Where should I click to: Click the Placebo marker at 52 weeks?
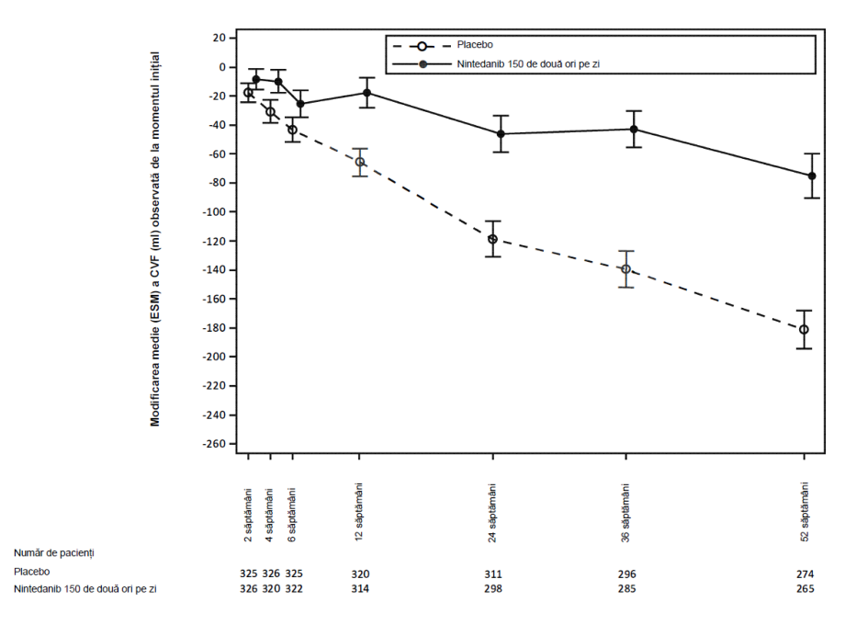pyautogui.click(x=804, y=330)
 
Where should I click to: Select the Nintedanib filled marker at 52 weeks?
pyautogui.click(x=812, y=176)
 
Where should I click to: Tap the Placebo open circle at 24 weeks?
pyautogui.click(x=492, y=239)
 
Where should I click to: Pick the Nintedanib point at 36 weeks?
pyautogui.click(x=634, y=130)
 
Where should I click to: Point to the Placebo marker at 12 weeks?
pyautogui.click(x=359, y=162)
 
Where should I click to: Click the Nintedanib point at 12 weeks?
pyautogui.click(x=367, y=93)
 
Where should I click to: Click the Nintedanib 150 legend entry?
pyautogui.click(x=496, y=64)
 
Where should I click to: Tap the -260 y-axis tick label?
pyautogui.click(x=214, y=444)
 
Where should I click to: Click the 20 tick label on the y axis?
pyautogui.click(x=219, y=38)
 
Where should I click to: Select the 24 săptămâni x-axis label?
pyautogui.click(x=492, y=513)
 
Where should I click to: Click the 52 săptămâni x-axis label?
pyautogui.click(x=805, y=513)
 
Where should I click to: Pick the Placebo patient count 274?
pyautogui.click(x=806, y=574)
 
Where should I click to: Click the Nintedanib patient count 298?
pyautogui.click(x=493, y=588)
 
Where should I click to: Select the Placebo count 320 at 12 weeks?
pyautogui.click(x=360, y=574)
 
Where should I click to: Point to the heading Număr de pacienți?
pyautogui.click(x=54, y=553)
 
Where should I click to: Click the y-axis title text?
pyautogui.click(x=155, y=239)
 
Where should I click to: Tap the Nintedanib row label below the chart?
pyautogui.click(x=85, y=588)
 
